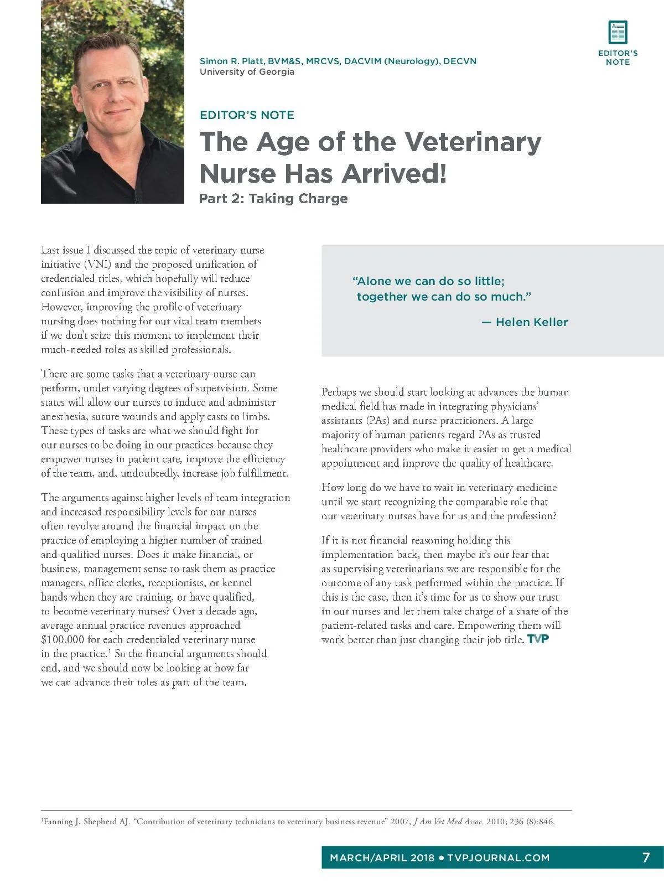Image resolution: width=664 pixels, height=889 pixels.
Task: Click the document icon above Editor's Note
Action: click(x=618, y=32)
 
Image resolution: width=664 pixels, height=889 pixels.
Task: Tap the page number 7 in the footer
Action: click(x=646, y=857)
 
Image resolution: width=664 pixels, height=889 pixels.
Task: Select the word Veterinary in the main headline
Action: click(x=473, y=142)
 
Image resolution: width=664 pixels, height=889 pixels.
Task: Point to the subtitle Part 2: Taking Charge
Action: click(x=273, y=199)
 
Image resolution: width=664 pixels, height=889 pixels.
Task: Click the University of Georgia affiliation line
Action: click(x=247, y=72)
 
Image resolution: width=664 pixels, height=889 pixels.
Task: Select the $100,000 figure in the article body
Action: click(x=63, y=640)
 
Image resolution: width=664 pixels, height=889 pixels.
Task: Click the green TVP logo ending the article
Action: click(x=538, y=640)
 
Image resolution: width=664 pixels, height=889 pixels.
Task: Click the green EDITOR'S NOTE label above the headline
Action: click(x=247, y=115)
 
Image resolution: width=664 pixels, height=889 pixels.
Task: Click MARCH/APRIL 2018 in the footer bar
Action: click(x=382, y=858)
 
